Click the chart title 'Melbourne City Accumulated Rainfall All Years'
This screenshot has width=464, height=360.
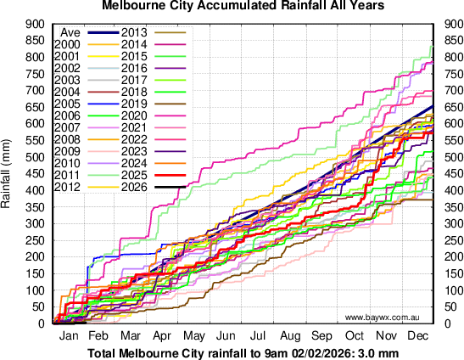(232, 6)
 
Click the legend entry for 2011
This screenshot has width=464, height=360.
(67, 174)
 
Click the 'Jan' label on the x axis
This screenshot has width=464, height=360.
(70, 337)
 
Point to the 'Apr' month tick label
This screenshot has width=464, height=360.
(165, 337)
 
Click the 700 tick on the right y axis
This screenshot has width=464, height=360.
(449, 90)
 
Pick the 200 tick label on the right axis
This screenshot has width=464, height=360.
(449, 256)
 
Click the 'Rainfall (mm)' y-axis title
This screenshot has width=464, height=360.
(8, 173)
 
